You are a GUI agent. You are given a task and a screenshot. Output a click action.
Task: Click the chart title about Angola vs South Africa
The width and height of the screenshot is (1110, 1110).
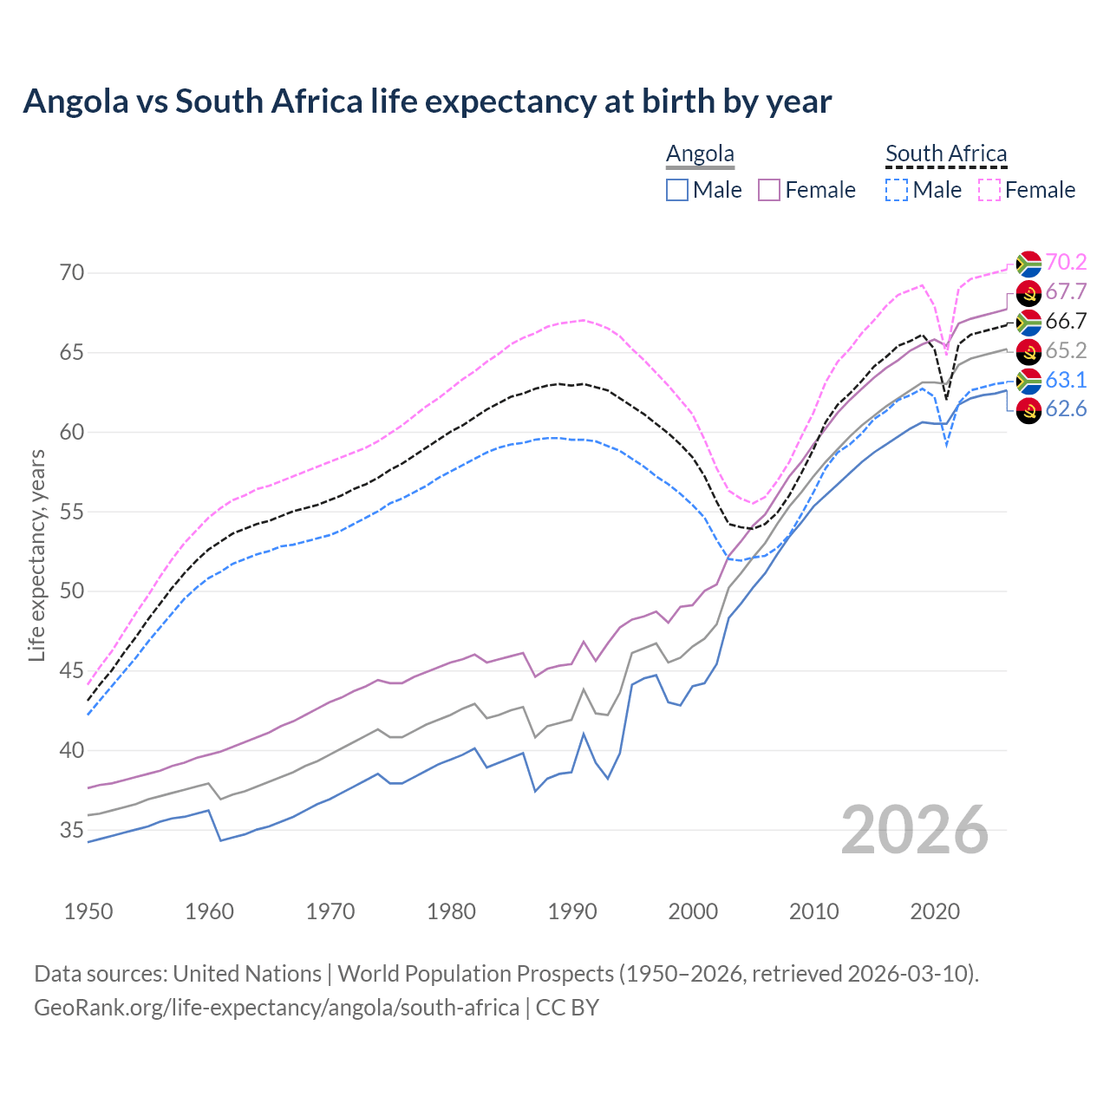point(427,101)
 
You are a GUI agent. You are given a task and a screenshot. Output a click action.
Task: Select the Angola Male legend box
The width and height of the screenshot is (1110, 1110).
point(677,190)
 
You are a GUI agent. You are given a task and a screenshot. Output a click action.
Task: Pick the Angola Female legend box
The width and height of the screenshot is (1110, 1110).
point(769,190)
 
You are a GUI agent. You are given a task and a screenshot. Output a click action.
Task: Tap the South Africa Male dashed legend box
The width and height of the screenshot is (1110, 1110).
point(897,190)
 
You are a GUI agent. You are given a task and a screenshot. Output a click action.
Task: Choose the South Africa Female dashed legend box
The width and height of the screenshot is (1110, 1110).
point(989,190)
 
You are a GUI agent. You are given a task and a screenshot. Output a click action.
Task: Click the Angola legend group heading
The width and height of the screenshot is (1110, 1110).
point(700,154)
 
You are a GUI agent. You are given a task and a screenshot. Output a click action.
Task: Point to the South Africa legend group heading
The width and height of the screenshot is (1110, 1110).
point(946,154)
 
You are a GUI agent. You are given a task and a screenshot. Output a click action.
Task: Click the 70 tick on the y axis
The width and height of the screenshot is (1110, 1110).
point(73,273)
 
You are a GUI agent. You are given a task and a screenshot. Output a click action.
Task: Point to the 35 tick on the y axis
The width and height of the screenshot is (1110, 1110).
point(73,831)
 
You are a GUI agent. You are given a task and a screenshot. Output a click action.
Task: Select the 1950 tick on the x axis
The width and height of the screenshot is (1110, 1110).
point(88,911)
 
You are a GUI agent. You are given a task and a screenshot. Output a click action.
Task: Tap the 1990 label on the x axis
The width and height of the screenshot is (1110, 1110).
point(572,911)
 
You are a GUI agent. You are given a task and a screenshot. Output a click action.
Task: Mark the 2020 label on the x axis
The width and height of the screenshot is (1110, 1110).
point(935,911)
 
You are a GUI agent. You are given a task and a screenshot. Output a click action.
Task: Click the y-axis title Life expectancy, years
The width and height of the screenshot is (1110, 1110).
point(36,555)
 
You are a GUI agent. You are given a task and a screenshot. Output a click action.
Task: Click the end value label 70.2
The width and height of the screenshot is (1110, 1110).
point(1066,262)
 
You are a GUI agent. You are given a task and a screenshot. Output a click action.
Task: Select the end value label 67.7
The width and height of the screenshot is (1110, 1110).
point(1066,291)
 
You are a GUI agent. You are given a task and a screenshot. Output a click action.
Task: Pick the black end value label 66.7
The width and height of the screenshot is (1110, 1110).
point(1066,321)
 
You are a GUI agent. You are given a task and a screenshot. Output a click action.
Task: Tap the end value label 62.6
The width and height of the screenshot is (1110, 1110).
point(1066,409)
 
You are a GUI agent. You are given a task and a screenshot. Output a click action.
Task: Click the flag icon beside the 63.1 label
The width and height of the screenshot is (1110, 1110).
point(1028,380)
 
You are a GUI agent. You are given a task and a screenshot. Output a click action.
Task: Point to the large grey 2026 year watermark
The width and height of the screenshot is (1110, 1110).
point(915,831)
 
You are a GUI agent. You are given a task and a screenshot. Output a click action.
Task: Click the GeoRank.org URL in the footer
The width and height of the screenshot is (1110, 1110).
point(277,1008)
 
